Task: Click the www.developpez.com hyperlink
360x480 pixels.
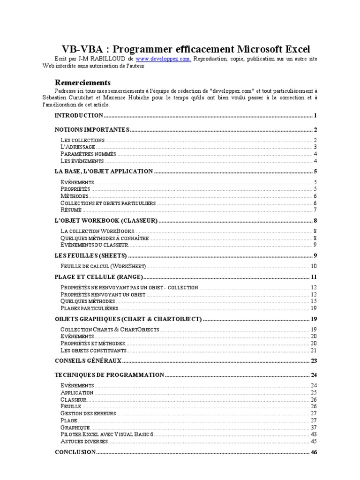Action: point(163,59)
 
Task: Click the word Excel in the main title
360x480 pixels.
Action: point(293,49)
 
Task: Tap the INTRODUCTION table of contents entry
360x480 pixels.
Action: point(79,115)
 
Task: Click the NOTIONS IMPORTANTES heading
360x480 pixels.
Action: point(92,130)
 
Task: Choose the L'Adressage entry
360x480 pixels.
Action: point(78,147)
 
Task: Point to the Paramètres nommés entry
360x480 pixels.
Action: point(89,154)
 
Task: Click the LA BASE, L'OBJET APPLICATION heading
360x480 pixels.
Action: point(104,172)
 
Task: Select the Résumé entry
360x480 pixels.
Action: point(71,210)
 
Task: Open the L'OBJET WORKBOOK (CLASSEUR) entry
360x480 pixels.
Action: point(106,221)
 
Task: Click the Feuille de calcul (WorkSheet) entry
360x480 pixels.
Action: point(103,266)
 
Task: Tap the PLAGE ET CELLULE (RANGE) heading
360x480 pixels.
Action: point(98,277)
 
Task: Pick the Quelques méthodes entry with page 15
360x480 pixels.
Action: point(88,301)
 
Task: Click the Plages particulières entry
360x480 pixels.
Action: point(89,308)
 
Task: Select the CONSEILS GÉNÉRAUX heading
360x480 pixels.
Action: point(88,360)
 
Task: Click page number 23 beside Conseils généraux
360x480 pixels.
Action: point(314,360)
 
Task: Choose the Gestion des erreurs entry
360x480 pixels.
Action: point(88,413)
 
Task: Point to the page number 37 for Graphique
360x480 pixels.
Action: point(314,427)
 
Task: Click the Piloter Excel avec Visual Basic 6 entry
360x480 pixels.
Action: point(107,435)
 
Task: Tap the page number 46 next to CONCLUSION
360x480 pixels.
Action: point(314,452)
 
